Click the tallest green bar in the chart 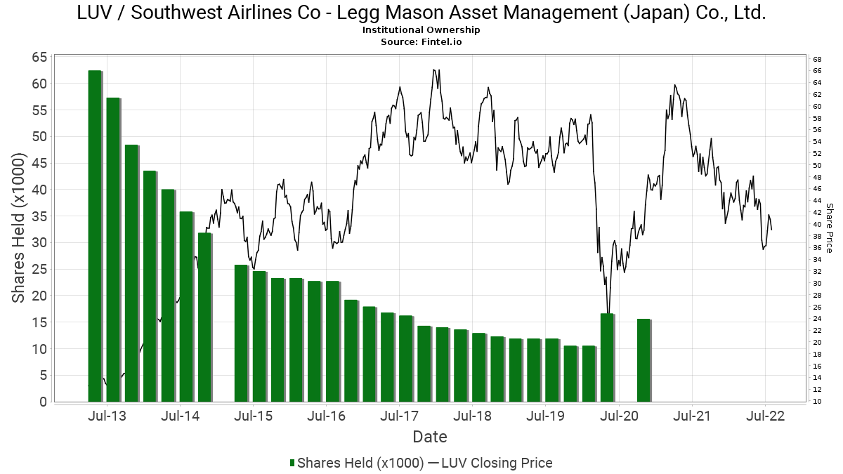(x=94, y=236)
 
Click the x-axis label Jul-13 (x=107, y=416)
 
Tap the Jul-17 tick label (x=400, y=416)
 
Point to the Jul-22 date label (x=765, y=416)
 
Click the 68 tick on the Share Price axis (x=817, y=58)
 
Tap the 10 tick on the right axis (x=817, y=402)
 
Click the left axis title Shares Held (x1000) (x=19, y=230)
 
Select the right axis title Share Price (x=830, y=228)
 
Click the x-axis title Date (x=430, y=437)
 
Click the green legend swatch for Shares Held (x=292, y=463)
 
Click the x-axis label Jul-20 (x=619, y=416)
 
